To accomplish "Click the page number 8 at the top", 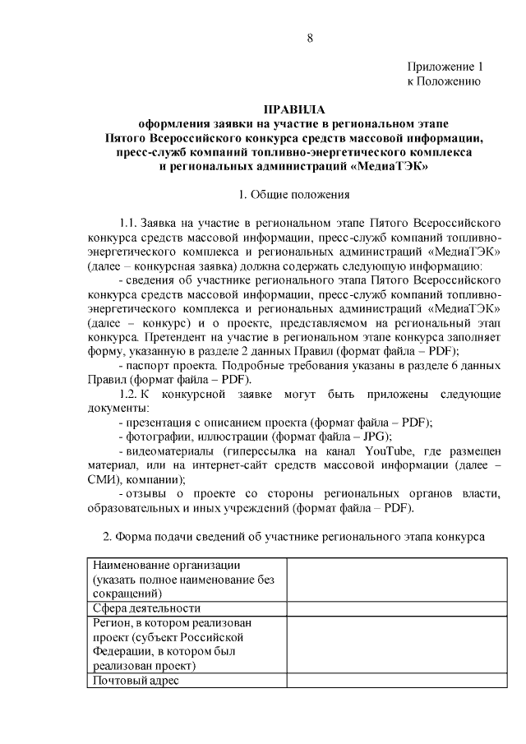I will point(309,37).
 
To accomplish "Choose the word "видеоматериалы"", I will point(170,451).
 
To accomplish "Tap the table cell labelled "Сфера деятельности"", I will point(147,608).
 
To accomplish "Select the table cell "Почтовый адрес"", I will point(136,681).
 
